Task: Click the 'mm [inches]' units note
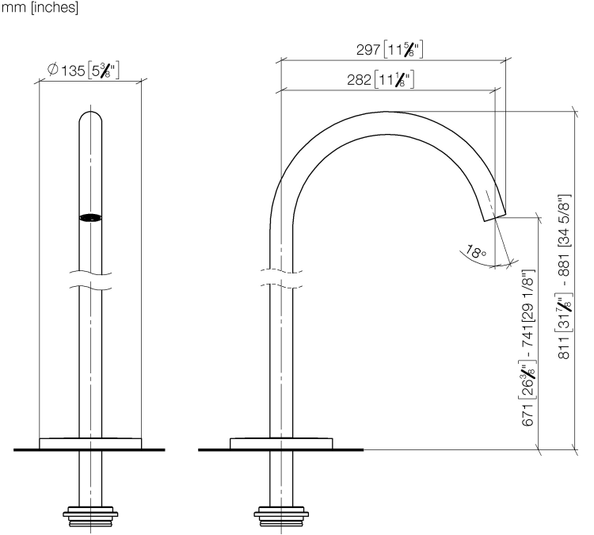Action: tap(40, 7)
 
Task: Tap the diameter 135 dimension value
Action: tap(73, 71)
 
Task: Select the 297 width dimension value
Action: tap(367, 50)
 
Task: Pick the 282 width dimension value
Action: tap(359, 79)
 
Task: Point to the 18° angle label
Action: tap(475, 252)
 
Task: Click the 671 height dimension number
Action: tap(527, 415)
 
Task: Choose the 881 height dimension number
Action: tap(564, 266)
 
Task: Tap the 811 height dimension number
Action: tap(564, 347)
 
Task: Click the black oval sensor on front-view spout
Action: tap(90, 218)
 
